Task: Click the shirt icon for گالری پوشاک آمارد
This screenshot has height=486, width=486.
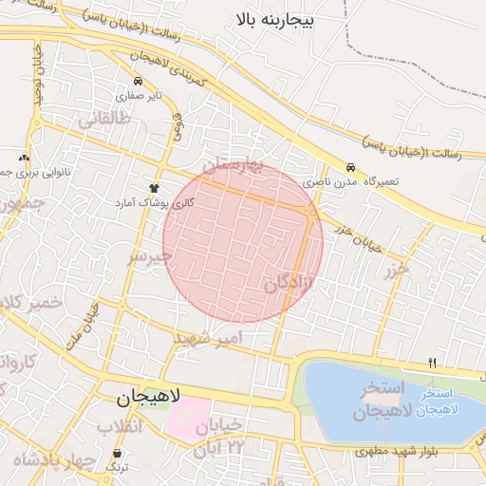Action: pyautogui.click(x=154, y=188)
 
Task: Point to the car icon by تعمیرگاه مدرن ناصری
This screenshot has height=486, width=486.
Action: pyautogui.click(x=350, y=167)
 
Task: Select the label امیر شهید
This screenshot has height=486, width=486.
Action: pyautogui.click(x=215, y=338)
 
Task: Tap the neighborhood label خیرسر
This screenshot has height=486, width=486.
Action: pyautogui.click(x=151, y=257)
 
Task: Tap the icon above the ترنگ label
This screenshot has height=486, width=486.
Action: pyautogui.click(x=117, y=455)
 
